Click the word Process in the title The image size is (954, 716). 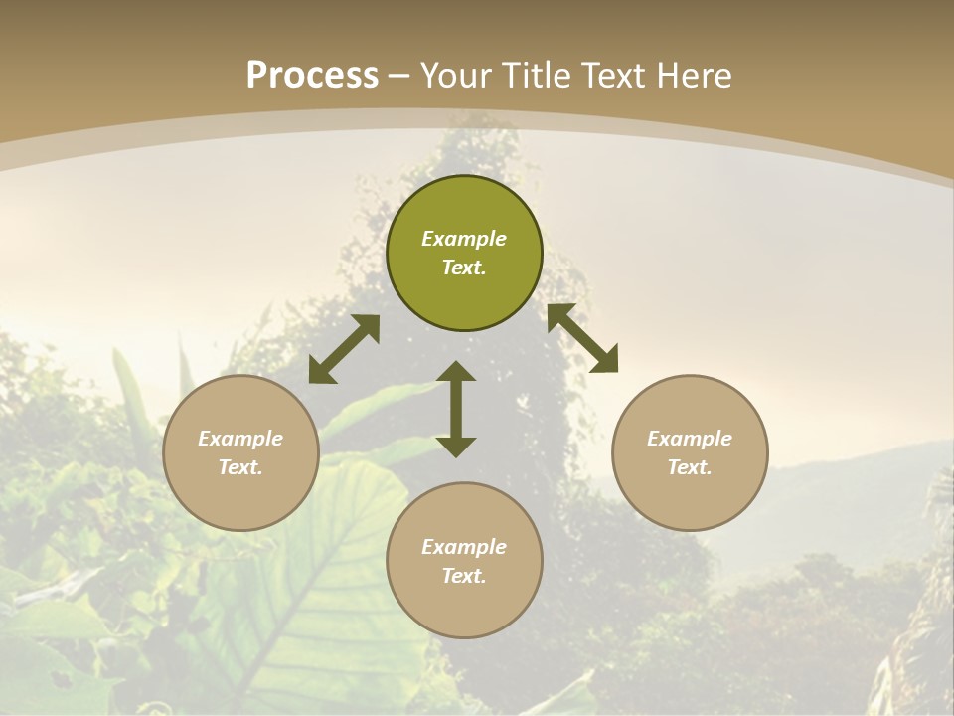312,76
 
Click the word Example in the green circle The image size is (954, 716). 464,239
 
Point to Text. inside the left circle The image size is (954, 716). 240,467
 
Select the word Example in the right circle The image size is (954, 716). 690,439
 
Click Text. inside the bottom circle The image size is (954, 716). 464,576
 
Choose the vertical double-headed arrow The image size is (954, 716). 456,409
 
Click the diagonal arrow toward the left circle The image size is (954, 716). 344,349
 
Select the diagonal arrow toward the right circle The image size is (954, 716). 582,338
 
